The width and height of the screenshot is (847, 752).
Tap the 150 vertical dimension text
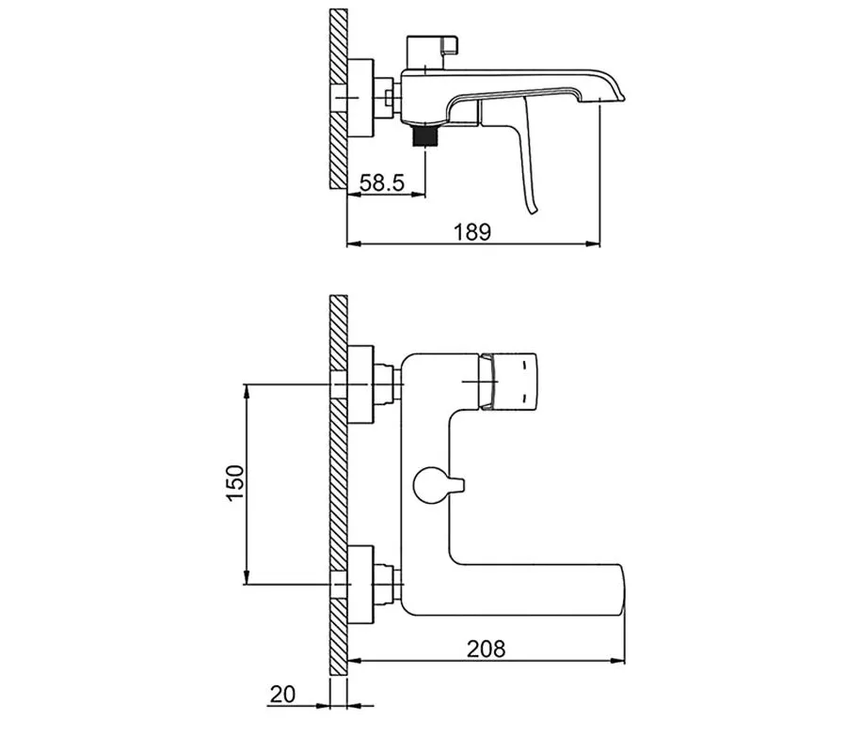(x=235, y=483)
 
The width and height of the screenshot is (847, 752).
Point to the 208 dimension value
(x=486, y=648)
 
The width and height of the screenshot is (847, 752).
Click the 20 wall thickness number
(x=282, y=694)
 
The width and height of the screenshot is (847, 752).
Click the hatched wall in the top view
(x=339, y=99)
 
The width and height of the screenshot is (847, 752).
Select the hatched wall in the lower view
(x=339, y=484)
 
